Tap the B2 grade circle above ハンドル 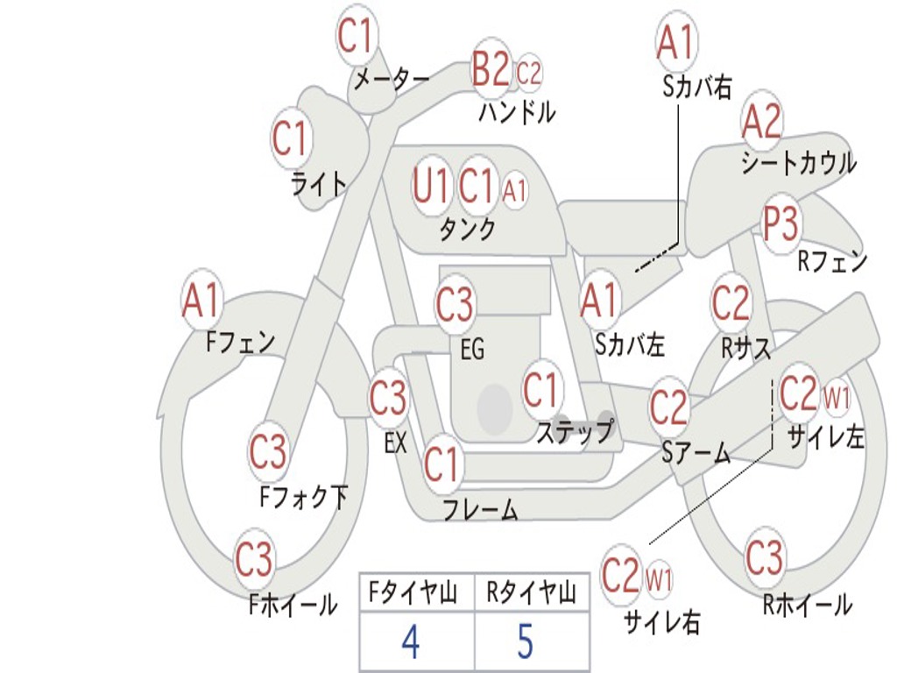491,69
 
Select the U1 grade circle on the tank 431,185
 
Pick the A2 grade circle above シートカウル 762,122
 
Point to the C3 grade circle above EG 455,306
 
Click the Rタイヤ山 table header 531,594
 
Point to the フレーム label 480,510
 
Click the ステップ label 574,431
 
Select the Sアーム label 696,452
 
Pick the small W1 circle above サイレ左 837,399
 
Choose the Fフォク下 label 303,498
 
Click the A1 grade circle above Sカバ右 675,42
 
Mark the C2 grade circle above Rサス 731,303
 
